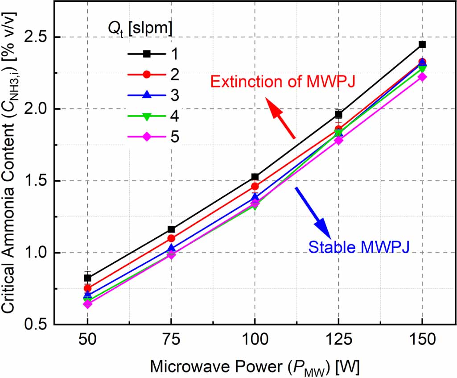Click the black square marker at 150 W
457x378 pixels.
tap(422, 44)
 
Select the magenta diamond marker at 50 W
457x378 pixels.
tap(88, 304)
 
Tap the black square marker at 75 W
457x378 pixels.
tap(171, 229)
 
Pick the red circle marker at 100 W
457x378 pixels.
tap(255, 186)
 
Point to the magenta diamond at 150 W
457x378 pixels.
tap(422, 77)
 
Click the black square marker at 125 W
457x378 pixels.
tap(338, 114)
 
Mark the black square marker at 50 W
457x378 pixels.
tap(88, 278)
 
